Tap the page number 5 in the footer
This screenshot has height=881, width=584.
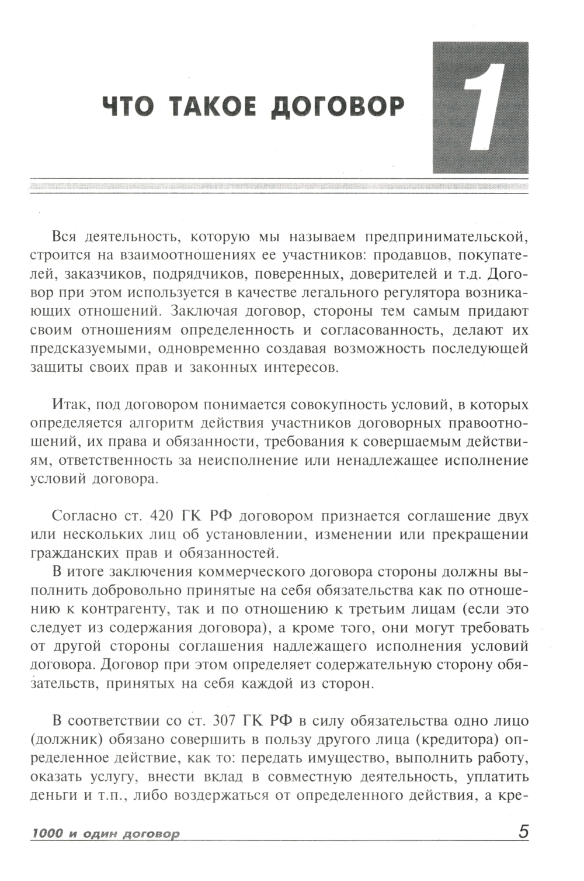point(523,832)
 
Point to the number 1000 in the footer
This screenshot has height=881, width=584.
point(47,834)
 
